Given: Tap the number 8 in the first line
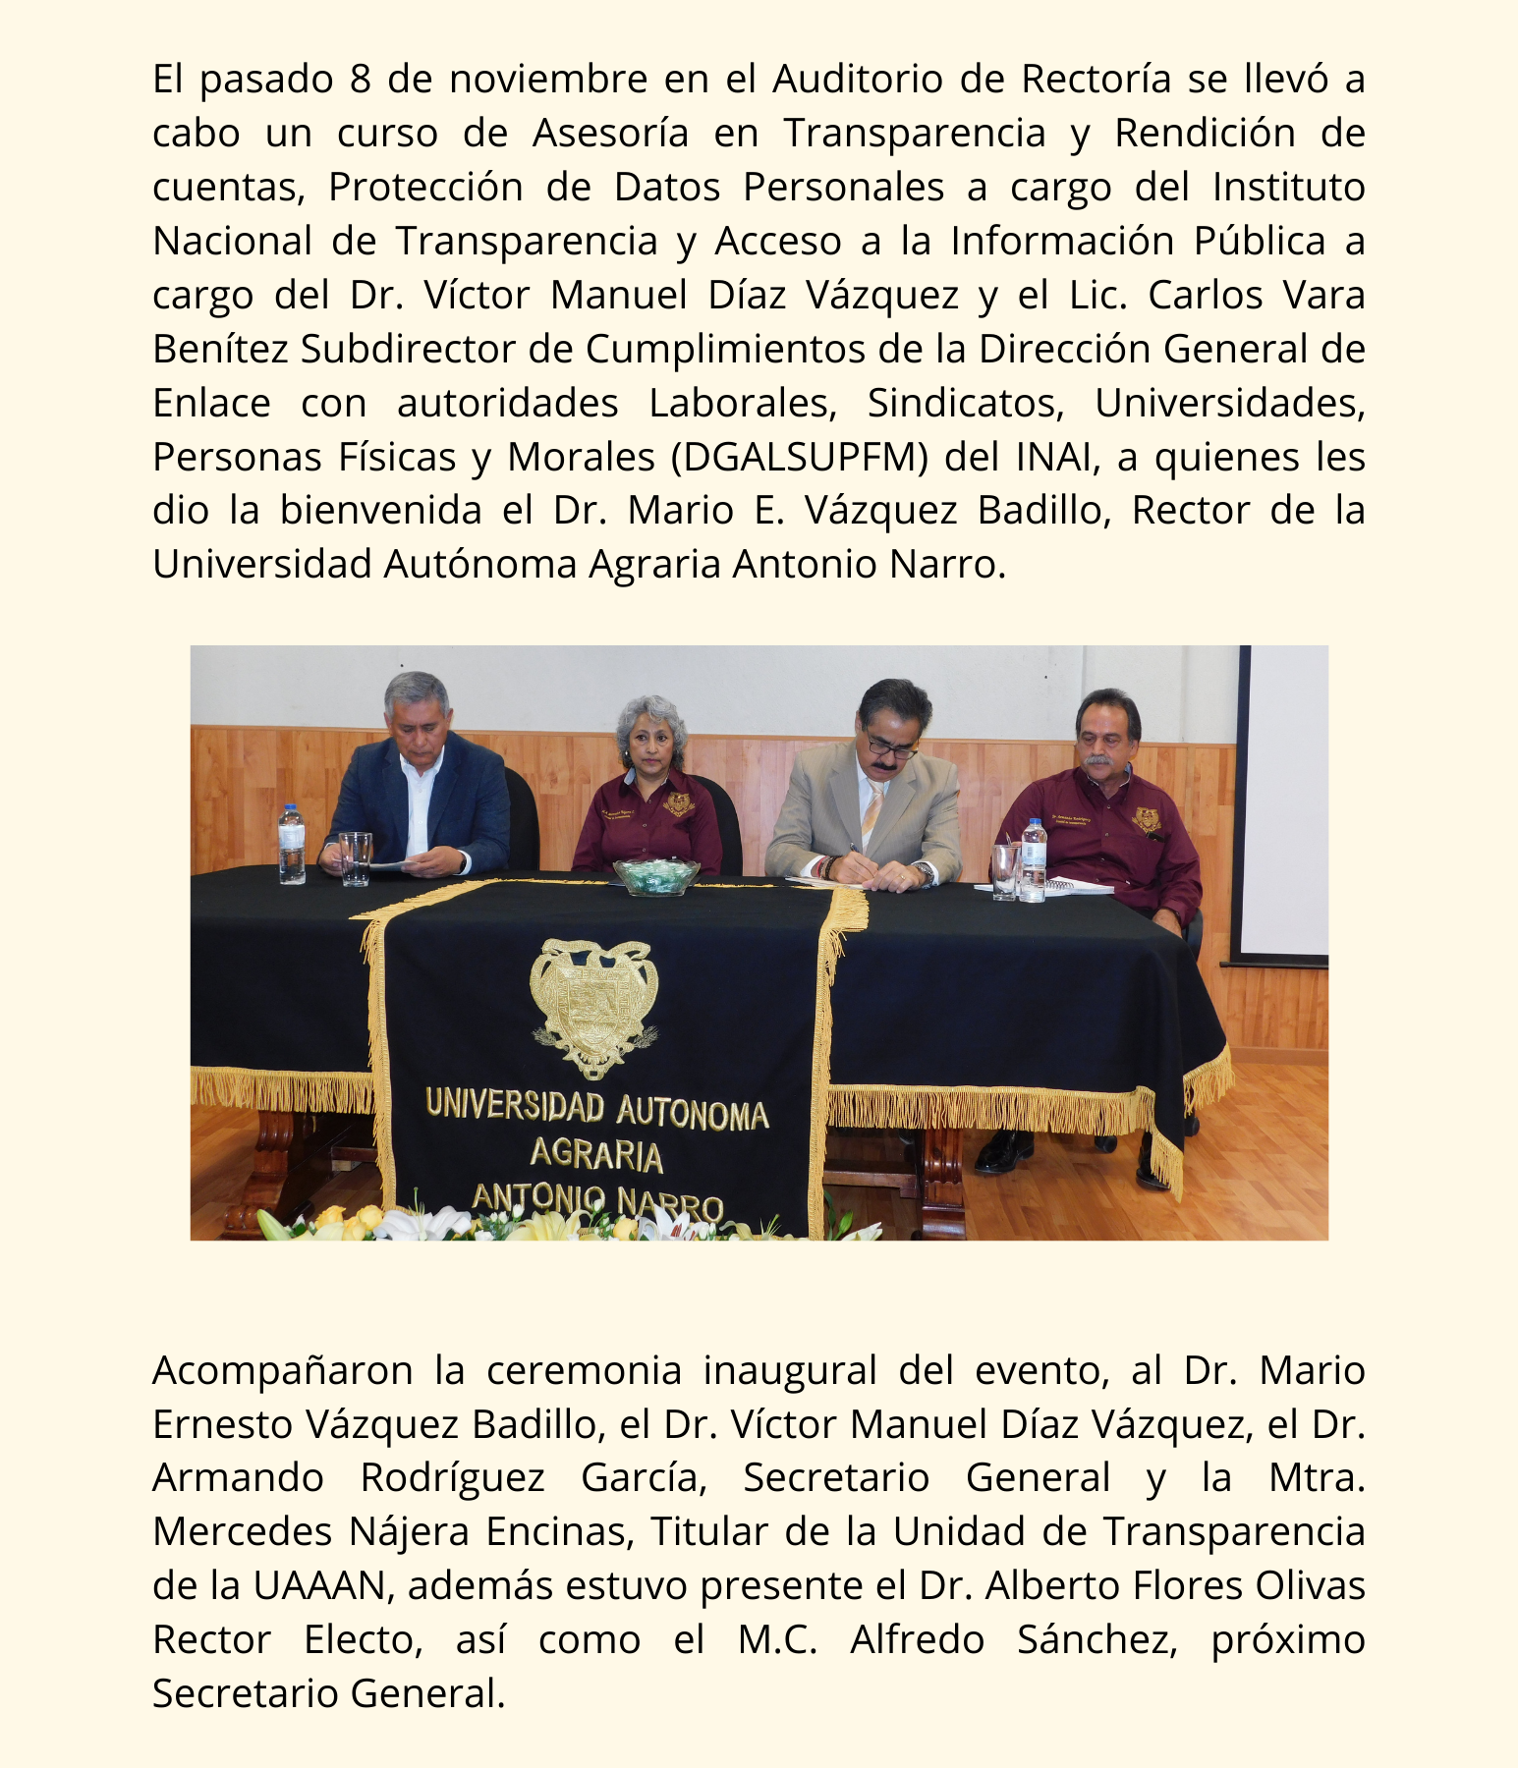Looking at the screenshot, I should (359, 80).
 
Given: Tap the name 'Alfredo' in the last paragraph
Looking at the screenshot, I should (917, 1640).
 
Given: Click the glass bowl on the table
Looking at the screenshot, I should (656, 876).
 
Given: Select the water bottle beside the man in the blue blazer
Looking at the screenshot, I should (292, 845).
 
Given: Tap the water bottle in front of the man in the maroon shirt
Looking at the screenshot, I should (1034, 861).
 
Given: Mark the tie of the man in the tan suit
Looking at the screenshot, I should (871, 810).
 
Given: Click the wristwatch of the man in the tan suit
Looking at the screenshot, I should (924, 871).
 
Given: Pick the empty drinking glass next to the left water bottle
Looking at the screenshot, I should (355, 858).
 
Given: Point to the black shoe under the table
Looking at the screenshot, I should (1003, 1150).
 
